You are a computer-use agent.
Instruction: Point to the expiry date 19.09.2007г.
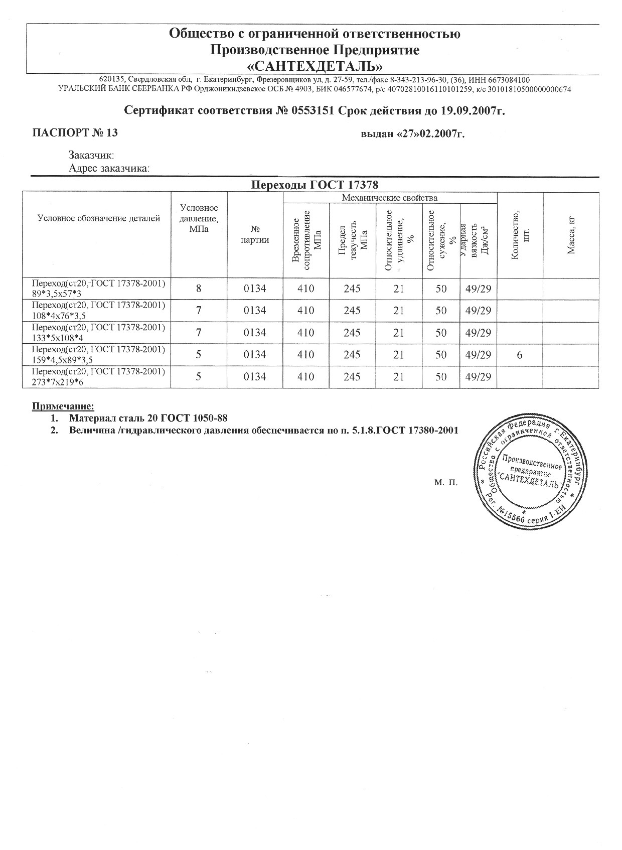(x=473, y=110)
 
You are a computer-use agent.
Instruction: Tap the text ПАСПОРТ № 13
(x=75, y=133)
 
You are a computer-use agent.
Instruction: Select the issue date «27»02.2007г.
(x=413, y=134)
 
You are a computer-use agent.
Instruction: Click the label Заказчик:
(x=91, y=156)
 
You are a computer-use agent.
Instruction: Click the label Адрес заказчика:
(x=109, y=169)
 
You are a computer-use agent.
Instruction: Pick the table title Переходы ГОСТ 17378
(x=314, y=185)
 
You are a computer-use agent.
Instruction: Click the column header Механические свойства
(x=389, y=198)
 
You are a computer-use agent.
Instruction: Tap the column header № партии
(x=255, y=234)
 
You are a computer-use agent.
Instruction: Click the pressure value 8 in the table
(x=199, y=289)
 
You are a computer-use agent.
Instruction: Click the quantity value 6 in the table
(x=520, y=355)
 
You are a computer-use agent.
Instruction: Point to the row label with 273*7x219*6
(x=98, y=377)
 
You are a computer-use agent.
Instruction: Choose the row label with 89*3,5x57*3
(x=98, y=289)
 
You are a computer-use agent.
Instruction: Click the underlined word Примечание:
(x=63, y=406)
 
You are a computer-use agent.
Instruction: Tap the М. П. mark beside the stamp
(x=446, y=483)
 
